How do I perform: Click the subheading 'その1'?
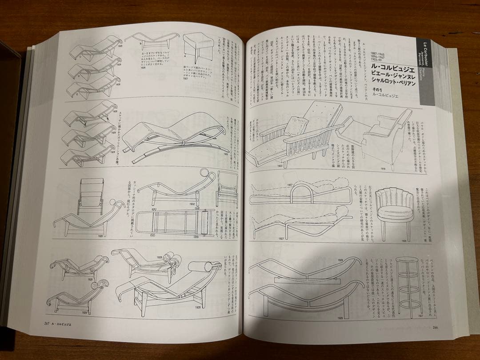[372, 91]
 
